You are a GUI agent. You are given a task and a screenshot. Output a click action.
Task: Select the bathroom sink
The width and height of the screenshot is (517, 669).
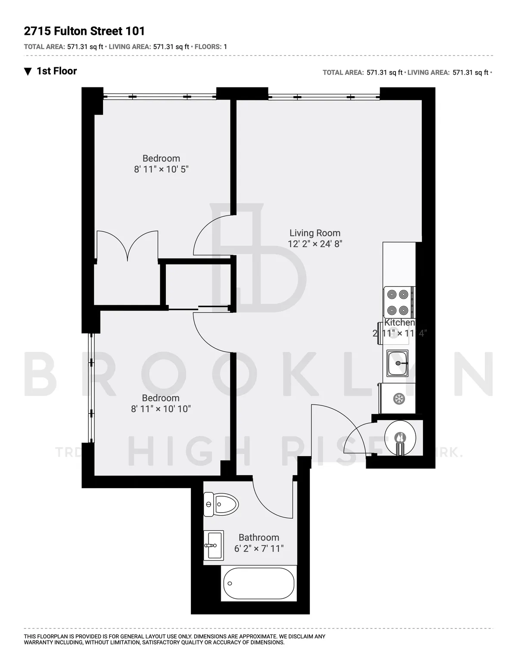[x=214, y=545]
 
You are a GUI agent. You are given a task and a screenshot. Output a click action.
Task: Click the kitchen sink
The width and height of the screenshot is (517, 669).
[x=398, y=363]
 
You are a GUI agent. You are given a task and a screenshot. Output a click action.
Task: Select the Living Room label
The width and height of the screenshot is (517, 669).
[x=315, y=233]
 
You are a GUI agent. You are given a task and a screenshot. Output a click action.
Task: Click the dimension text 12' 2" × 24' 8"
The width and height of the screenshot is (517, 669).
[x=315, y=244]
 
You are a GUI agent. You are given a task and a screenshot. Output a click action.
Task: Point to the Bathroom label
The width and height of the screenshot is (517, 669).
[x=258, y=537]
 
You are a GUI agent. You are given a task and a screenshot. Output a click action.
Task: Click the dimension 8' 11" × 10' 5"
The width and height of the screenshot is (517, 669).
[x=161, y=169]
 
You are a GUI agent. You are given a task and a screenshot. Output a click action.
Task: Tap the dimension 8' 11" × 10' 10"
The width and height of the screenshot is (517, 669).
[x=161, y=409]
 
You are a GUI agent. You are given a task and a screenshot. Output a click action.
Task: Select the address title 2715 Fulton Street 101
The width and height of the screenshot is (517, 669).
[x=84, y=31]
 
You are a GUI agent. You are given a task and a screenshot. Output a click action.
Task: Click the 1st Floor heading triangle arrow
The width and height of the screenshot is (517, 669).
[x=28, y=72]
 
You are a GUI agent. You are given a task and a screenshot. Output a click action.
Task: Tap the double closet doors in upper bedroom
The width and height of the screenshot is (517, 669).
[x=128, y=246]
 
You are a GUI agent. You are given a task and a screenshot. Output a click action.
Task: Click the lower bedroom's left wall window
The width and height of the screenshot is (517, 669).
[x=90, y=388]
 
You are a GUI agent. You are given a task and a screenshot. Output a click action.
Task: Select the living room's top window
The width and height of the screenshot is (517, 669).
[x=324, y=96]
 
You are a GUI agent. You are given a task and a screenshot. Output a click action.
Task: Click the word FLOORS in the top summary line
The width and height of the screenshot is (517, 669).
[x=208, y=47]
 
